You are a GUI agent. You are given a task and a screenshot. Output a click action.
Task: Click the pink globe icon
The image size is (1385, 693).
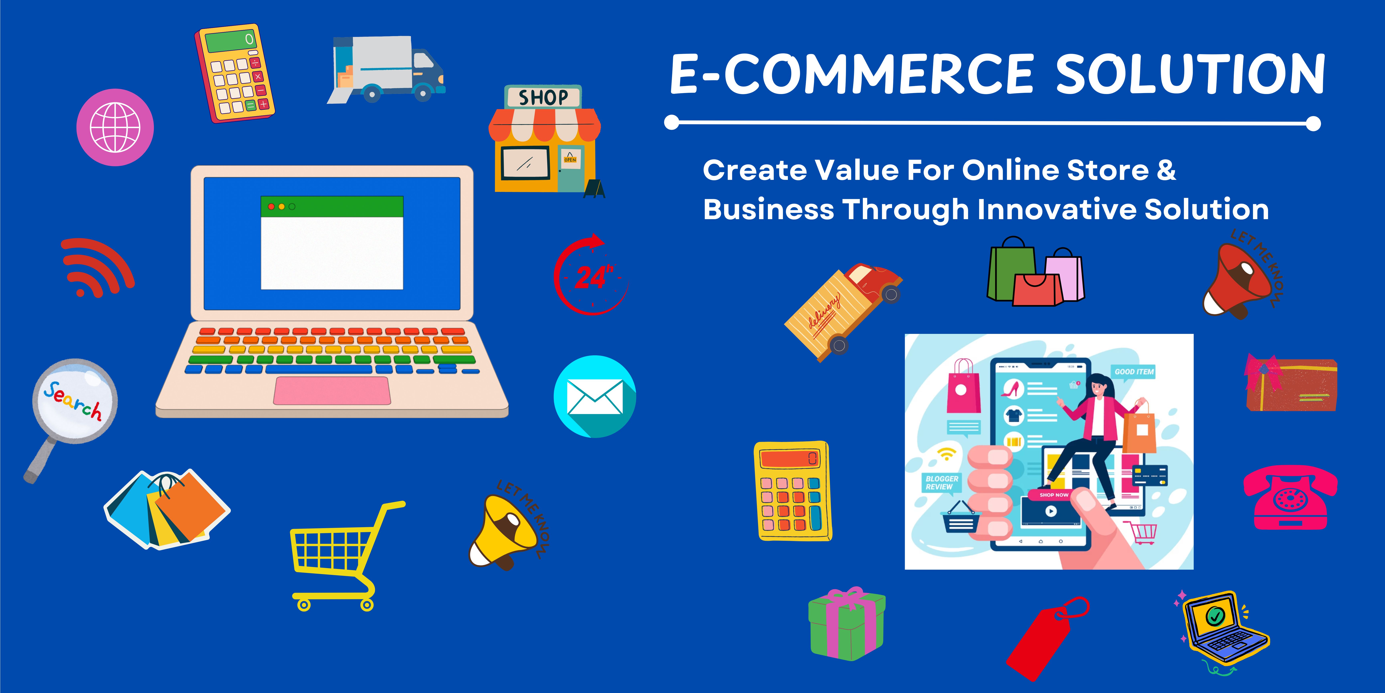[115, 128]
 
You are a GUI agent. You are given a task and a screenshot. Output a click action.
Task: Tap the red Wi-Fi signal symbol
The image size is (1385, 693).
[97, 267]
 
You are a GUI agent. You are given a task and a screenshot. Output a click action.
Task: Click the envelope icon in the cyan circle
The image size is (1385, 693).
[595, 397]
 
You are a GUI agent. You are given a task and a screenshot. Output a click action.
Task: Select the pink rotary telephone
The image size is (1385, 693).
[1290, 498]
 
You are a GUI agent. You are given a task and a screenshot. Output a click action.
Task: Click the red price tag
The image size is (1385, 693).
[1046, 638]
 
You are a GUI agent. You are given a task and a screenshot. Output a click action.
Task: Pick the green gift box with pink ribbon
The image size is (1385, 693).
[847, 624]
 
